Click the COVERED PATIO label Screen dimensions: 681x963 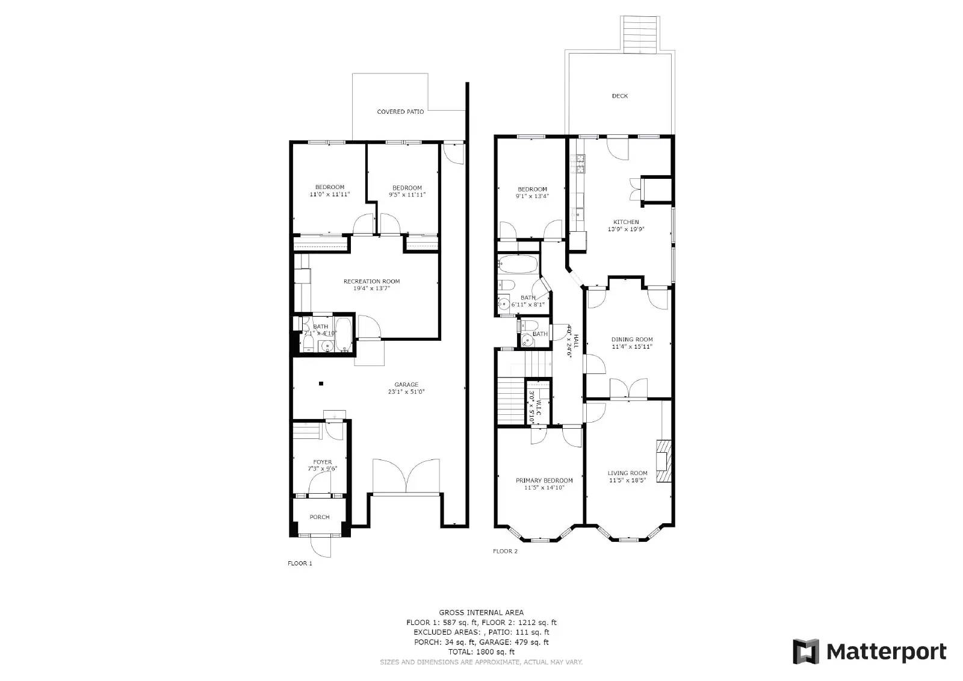(400, 112)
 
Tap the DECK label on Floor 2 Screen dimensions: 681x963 (619, 96)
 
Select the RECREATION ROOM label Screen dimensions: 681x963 (371, 281)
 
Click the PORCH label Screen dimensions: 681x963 (320, 517)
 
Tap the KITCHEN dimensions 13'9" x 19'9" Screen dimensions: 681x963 (626, 229)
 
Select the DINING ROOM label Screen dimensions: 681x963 (632, 340)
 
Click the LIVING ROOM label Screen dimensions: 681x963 (627, 473)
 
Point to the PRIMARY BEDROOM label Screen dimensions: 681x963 (544, 480)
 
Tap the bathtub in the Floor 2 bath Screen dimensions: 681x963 (518, 264)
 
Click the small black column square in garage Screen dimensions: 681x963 (321, 384)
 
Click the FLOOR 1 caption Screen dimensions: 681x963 (300, 564)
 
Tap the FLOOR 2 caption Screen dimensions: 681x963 (505, 551)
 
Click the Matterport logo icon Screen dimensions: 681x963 (806, 652)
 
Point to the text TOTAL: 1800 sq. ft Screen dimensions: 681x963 (481, 651)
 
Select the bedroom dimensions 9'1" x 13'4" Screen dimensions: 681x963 (532, 196)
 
